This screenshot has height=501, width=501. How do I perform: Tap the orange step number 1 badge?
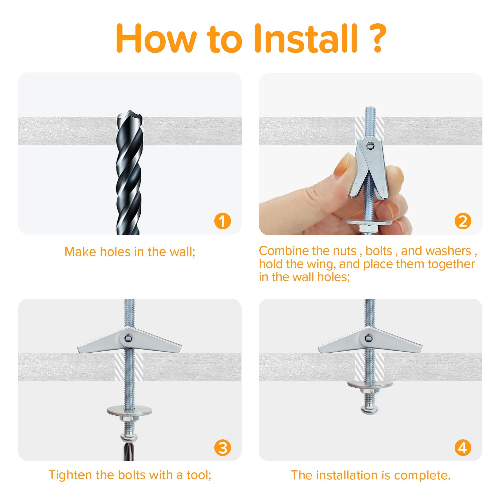coord(223,221)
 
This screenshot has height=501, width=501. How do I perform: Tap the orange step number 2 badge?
coord(463,221)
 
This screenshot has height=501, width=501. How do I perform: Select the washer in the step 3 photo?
coord(130,411)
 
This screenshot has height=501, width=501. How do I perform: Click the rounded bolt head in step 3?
coord(129,437)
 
